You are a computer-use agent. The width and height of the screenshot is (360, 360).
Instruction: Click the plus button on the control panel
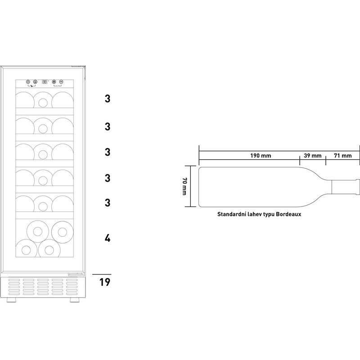click(54, 82)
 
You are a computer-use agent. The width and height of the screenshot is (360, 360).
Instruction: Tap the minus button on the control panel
click(61, 82)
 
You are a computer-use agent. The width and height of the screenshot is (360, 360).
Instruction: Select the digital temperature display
click(45, 82)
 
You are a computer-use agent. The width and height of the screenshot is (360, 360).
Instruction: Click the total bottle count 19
click(105, 282)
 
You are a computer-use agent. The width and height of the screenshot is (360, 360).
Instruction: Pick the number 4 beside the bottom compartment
click(108, 238)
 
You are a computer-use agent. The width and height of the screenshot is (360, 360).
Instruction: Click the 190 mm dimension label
click(261, 156)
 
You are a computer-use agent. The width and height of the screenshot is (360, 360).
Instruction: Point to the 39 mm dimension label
click(312, 156)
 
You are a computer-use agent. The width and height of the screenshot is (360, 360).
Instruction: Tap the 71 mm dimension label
click(343, 156)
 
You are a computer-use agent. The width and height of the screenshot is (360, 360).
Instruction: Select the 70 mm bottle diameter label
click(184, 186)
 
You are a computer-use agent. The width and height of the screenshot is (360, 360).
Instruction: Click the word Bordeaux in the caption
click(288, 214)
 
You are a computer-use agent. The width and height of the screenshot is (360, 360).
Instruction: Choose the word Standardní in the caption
click(231, 214)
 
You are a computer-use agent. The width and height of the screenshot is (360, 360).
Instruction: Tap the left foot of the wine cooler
click(12, 300)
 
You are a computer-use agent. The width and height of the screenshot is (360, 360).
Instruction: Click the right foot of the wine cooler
click(74, 300)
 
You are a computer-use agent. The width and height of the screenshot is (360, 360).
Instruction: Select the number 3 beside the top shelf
click(108, 99)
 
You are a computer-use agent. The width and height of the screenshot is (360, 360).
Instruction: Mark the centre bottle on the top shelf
click(43, 100)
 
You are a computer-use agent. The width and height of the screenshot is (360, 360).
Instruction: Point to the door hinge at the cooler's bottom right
click(76, 274)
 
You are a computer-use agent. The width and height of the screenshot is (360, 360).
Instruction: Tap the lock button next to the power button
click(35, 82)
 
